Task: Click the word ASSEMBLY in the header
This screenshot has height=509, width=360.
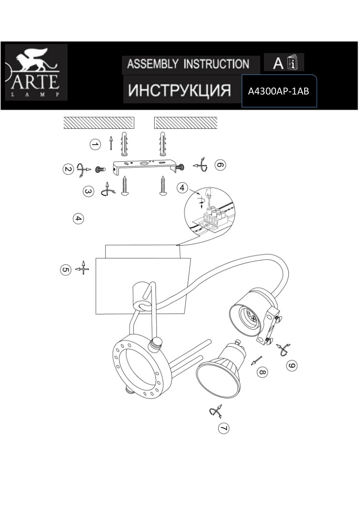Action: click(153, 64)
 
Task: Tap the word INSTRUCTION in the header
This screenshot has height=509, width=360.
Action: click(216, 64)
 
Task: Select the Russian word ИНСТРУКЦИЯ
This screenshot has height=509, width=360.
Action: click(180, 90)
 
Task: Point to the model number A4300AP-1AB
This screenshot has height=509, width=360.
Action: click(278, 92)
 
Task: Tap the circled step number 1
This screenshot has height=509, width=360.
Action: click(95, 144)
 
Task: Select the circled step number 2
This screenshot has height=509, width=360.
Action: click(68, 169)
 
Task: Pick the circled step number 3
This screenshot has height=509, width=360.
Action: click(88, 191)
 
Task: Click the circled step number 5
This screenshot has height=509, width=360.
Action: click(66, 270)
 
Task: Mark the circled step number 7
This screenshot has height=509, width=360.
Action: click(224, 428)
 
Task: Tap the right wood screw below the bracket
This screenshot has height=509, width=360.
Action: click(163, 185)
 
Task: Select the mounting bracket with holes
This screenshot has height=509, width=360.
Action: click(146, 166)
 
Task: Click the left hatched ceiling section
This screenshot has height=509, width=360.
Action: click(99, 123)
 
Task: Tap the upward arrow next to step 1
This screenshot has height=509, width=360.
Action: click(111, 143)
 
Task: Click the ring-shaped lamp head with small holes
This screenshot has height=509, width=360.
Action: click(141, 367)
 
